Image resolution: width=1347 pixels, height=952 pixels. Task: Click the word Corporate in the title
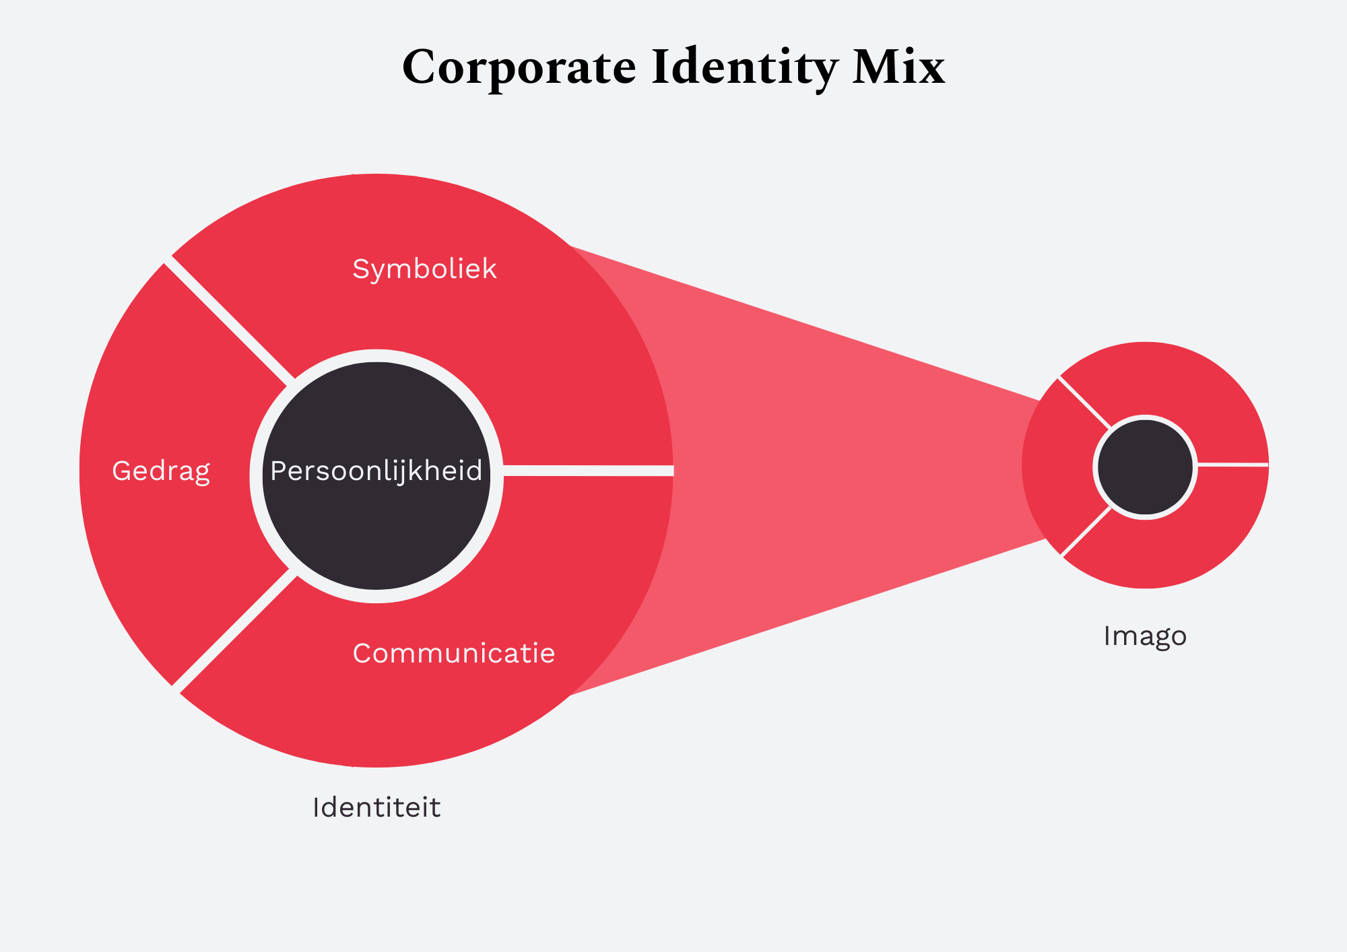519,68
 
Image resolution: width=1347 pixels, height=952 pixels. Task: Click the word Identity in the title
744,68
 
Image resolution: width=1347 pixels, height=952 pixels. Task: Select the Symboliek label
424,269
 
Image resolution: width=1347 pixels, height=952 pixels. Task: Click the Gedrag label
161,471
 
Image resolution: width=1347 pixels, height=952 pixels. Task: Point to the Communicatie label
453,653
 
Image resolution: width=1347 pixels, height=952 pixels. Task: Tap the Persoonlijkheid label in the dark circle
376,471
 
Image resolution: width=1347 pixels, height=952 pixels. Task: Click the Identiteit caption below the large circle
376,807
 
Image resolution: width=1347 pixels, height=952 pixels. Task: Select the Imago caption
1144,636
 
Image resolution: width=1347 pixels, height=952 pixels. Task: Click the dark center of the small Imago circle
1145,467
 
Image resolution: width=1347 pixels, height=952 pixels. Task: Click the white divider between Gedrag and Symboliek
229,319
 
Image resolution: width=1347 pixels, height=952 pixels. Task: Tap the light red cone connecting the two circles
842,465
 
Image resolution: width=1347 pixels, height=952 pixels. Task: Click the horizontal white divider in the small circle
1233,464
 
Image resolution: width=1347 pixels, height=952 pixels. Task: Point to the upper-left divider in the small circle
1084,403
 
